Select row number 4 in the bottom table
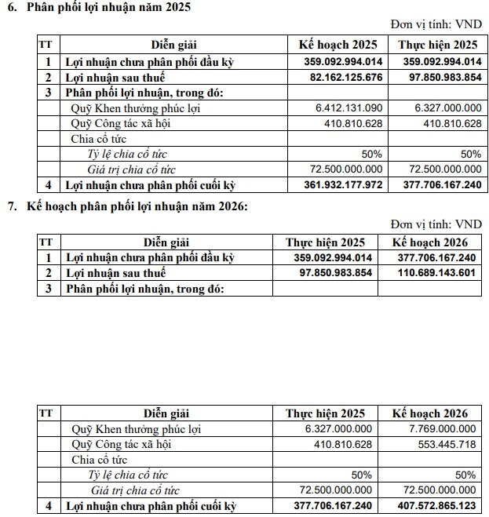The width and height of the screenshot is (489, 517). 47,506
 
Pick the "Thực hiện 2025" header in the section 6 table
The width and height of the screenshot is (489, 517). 437,45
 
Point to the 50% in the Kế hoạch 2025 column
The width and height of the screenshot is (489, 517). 371,155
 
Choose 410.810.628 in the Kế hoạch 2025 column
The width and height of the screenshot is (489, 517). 353,123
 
